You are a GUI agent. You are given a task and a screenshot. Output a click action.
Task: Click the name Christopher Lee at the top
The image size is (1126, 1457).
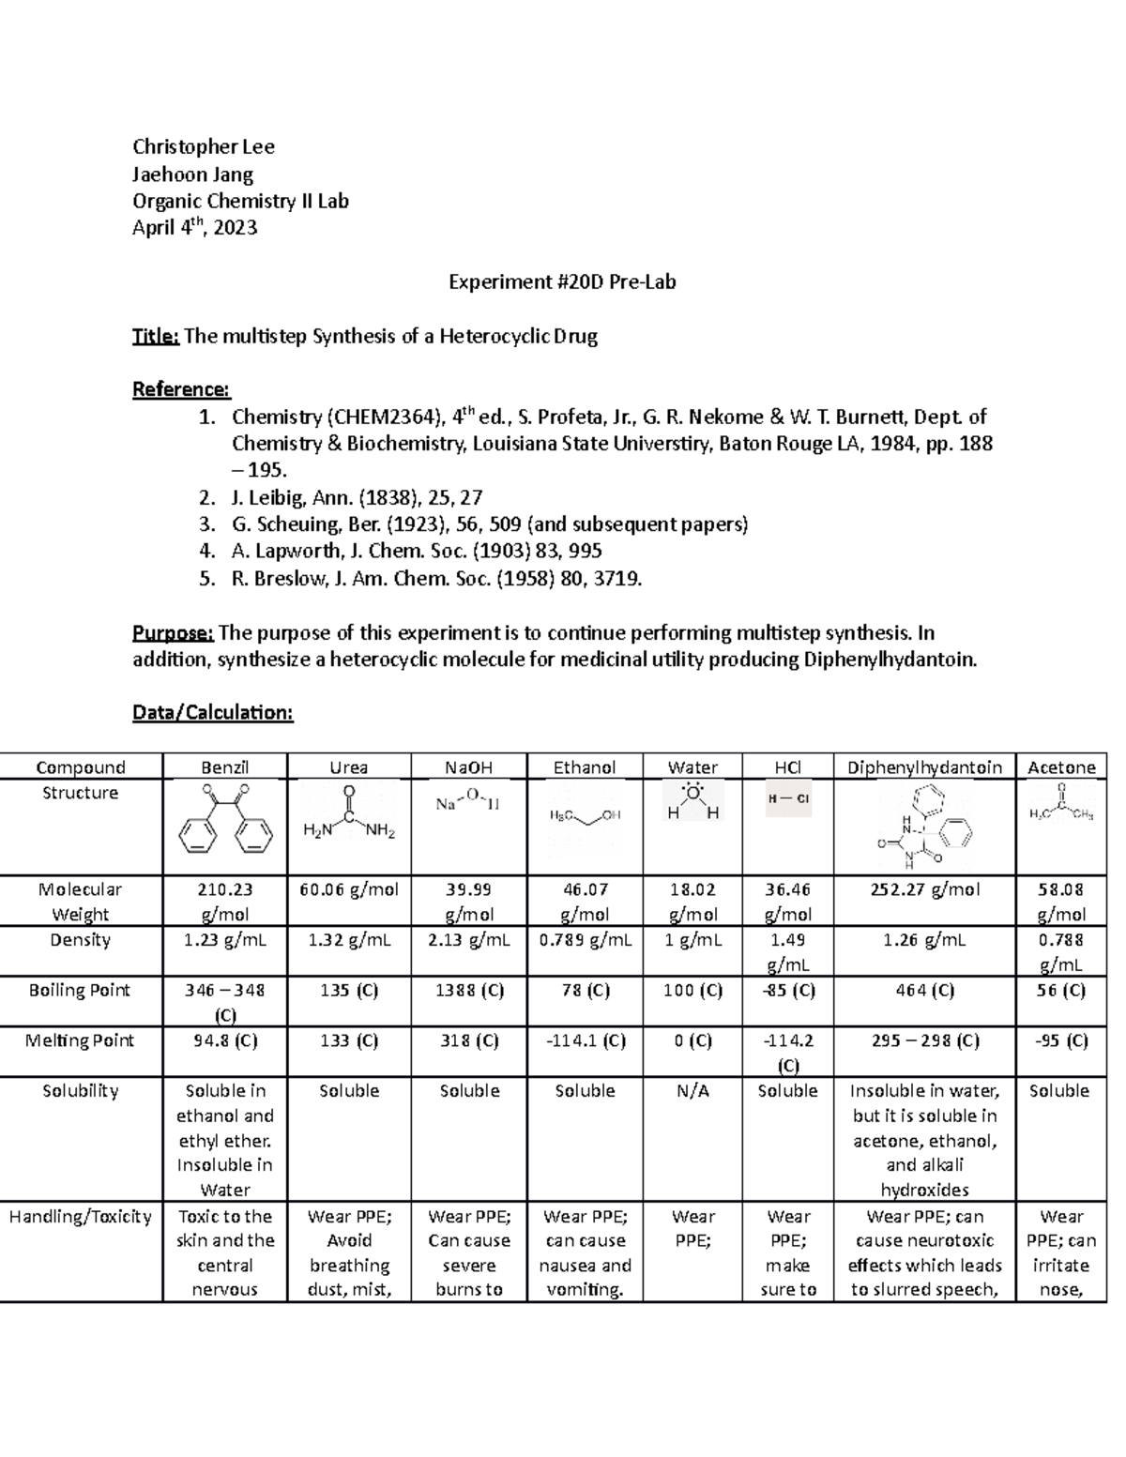point(204,146)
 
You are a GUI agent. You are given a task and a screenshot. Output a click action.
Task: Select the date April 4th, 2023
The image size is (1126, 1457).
point(194,228)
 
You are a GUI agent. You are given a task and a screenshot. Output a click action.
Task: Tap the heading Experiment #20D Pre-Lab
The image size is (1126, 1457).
point(562,281)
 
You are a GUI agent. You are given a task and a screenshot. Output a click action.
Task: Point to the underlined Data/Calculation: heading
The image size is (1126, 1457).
point(213,713)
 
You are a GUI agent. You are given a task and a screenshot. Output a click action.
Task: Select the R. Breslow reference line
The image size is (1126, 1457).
point(436,579)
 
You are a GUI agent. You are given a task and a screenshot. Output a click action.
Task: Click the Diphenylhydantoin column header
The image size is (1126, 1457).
point(924,767)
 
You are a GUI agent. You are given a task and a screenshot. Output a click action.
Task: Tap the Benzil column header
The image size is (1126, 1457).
point(225,767)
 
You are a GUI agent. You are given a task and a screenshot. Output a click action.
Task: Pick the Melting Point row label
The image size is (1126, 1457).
point(80,1040)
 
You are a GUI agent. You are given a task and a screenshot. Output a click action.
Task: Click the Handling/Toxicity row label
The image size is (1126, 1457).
point(80,1217)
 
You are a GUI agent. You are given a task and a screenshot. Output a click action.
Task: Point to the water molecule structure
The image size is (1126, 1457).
point(692,803)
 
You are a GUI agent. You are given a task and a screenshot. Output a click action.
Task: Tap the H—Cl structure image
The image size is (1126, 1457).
point(787,799)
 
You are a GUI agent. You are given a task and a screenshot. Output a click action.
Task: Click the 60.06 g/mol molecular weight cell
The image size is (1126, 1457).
point(349,889)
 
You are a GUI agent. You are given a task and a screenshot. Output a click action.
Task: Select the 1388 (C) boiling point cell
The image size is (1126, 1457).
point(469,991)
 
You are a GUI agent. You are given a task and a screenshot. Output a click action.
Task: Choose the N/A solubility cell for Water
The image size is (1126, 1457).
point(692,1091)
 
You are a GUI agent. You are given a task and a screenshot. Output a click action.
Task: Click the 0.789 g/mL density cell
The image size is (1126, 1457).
point(585,940)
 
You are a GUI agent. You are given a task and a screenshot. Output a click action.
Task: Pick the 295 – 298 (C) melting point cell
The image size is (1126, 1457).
point(924,1040)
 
